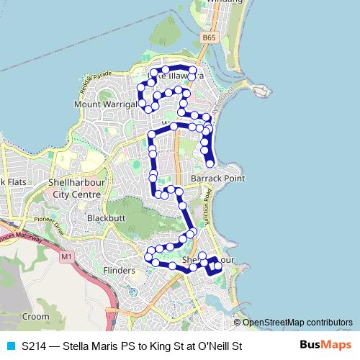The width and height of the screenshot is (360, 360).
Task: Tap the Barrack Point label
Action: point(218,178)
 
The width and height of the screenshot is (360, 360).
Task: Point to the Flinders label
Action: point(119,270)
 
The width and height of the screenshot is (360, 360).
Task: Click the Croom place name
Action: point(35,316)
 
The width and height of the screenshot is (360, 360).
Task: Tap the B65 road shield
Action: point(209,37)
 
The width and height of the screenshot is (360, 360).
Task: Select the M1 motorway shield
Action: point(67,256)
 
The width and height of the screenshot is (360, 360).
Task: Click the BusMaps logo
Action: point(325,346)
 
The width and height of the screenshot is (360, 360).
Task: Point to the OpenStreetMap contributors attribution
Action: point(297,322)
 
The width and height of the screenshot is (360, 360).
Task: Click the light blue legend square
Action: point(9,346)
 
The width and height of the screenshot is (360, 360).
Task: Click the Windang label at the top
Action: point(220,2)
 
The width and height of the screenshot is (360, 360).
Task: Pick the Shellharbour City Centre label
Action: point(76,188)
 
